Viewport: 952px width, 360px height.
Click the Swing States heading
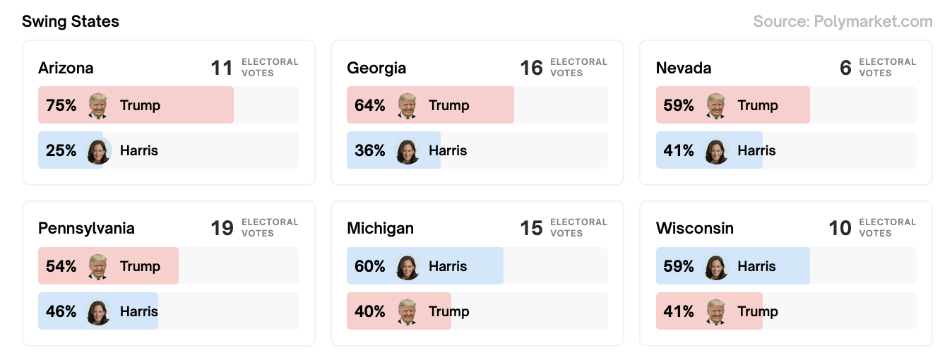71,21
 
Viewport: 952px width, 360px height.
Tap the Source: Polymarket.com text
843,21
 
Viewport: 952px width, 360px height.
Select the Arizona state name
66,68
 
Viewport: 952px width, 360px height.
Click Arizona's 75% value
61,105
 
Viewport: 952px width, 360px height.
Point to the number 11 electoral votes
222,68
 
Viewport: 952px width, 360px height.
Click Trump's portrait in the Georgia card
407,105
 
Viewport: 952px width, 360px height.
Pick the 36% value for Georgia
369,150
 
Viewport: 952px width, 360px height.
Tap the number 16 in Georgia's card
531,68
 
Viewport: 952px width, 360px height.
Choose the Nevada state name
683,68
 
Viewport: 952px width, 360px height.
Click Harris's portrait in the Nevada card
716,151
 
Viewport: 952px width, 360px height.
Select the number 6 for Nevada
845,68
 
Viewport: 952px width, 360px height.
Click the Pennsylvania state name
86,228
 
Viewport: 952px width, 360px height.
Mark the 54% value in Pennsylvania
61,266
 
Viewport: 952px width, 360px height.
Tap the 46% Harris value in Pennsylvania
61,311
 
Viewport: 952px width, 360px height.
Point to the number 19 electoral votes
222,228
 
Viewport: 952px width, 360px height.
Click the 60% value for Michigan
369,266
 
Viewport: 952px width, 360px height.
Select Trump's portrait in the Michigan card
407,311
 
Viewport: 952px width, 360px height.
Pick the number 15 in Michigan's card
531,228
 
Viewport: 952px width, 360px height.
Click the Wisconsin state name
694,228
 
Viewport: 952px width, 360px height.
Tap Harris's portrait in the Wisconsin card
716,267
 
